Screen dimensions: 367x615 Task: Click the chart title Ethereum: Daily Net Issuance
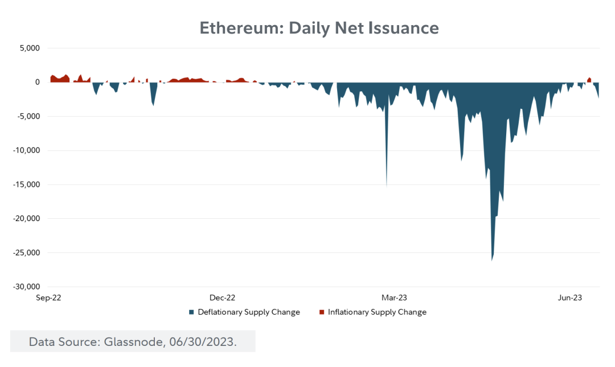319,28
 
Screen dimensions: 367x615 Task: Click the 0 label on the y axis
37,82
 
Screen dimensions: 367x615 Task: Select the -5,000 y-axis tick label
28,116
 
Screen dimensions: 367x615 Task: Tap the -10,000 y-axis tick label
26,150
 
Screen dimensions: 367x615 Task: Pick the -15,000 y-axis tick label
26,185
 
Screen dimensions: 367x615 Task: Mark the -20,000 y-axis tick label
26,219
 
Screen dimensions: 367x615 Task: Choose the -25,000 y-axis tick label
26,252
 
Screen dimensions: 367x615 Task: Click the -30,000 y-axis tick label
26,287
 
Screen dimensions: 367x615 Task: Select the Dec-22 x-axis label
223,297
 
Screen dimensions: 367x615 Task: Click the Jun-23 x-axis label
569,297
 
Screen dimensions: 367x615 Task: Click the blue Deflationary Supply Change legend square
192,312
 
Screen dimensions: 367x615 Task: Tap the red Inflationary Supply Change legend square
322,312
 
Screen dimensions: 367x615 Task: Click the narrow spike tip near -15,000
387,186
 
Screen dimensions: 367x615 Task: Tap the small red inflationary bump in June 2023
589,80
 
